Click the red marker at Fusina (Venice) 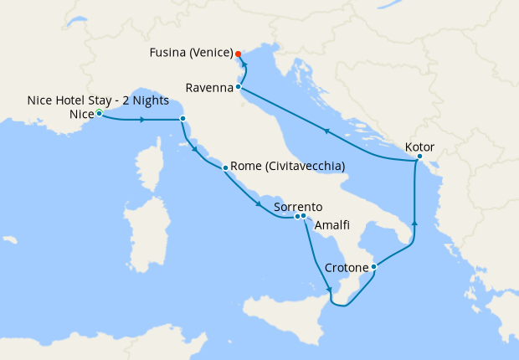(238, 54)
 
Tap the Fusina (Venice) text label (191, 53)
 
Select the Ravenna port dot (239, 86)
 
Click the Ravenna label (208, 85)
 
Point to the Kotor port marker (419, 157)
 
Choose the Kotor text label (419, 147)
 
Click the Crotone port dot (373, 267)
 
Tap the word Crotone (347, 268)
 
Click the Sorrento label (298, 207)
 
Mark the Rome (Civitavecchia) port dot (225, 168)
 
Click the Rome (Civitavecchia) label (288, 167)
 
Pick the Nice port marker (99, 113)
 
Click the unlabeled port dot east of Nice (182, 119)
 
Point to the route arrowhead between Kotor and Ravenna (327, 131)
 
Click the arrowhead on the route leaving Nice (143, 120)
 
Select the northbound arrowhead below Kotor (414, 226)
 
